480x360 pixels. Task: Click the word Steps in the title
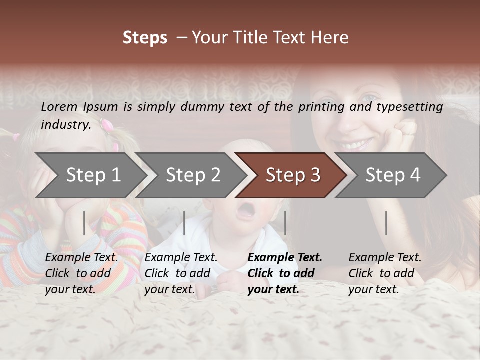tap(145, 38)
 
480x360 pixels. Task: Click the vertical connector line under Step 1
tap(84, 223)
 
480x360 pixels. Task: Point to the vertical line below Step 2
tap(184, 223)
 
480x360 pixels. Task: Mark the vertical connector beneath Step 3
tap(285, 223)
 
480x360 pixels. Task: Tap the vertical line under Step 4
tap(386, 223)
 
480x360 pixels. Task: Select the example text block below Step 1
tap(81, 273)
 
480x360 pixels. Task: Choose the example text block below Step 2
tap(181, 273)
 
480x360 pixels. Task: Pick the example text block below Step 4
tap(385, 273)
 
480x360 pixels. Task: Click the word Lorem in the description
tap(59, 107)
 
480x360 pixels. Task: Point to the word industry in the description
tap(65, 125)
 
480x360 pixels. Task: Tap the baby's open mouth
tap(245, 212)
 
